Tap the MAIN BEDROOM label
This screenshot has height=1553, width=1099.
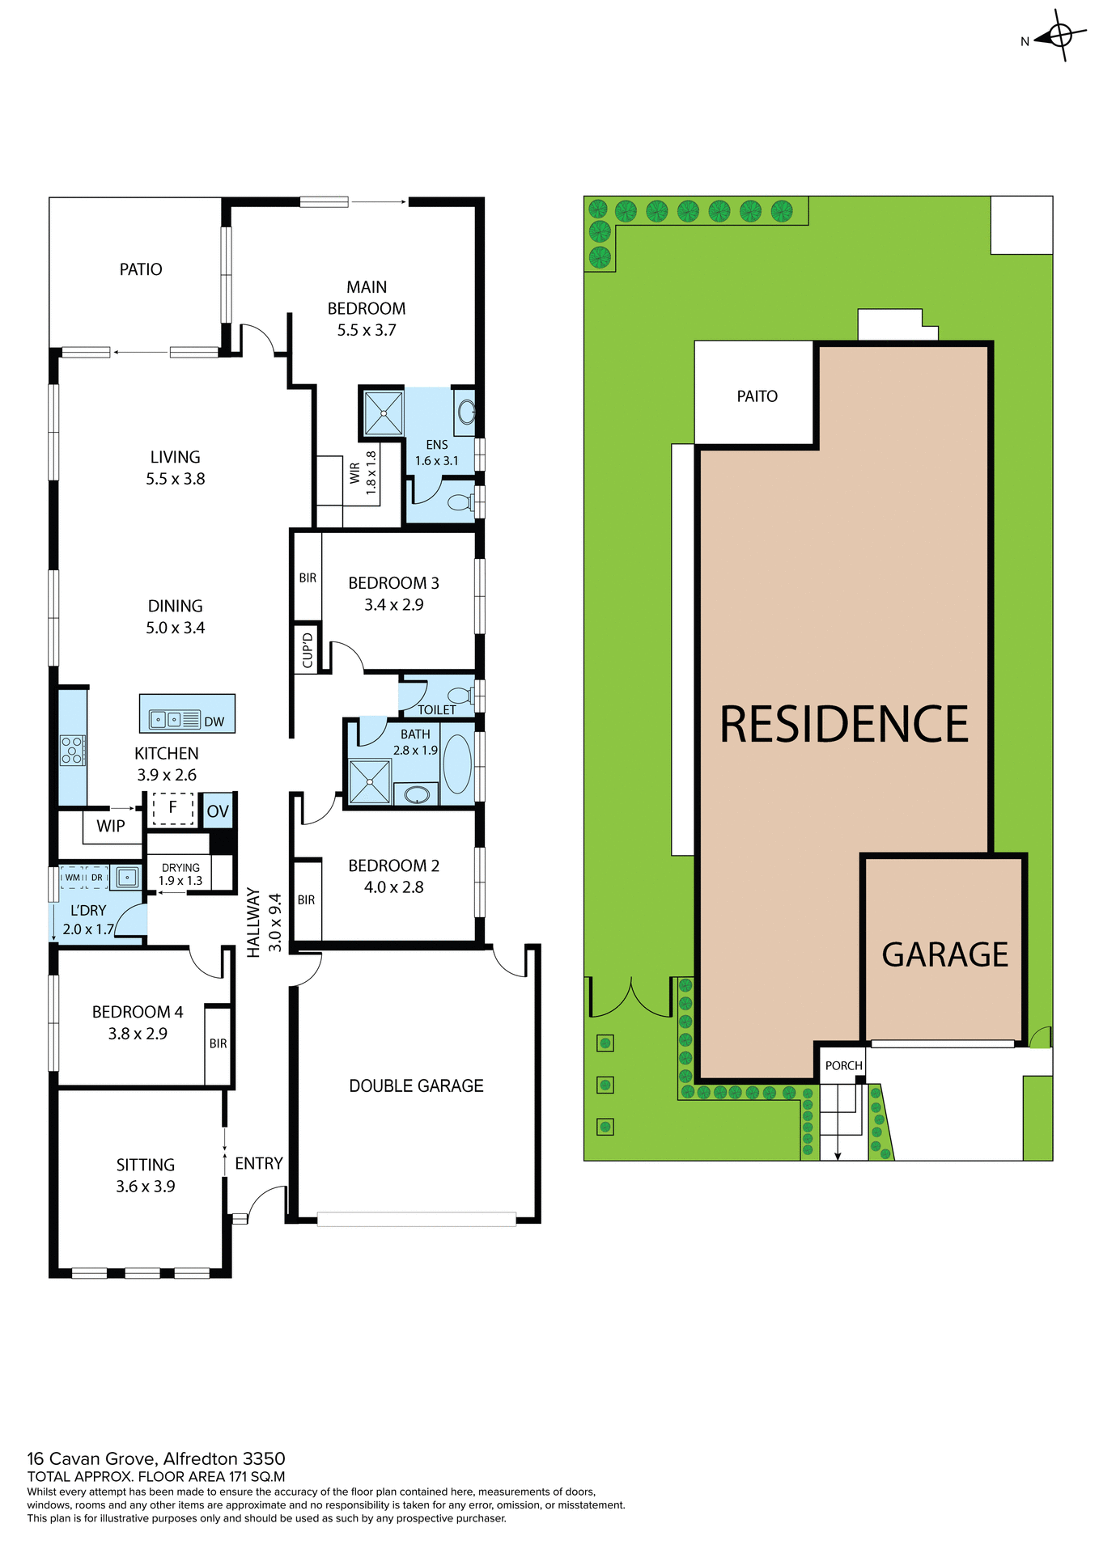(367, 308)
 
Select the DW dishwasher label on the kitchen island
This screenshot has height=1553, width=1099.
(214, 721)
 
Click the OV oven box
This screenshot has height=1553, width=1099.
(218, 811)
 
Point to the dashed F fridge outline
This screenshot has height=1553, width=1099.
(172, 808)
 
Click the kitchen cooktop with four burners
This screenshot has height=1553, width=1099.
(72, 750)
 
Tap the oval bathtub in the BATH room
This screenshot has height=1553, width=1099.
(457, 764)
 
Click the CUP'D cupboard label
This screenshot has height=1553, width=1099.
(308, 650)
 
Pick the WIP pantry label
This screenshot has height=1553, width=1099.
(111, 826)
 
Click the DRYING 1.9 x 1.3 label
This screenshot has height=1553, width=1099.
(180, 874)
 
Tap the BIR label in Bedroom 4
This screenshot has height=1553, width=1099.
(218, 1043)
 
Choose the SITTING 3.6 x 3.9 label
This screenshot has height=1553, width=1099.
(146, 1175)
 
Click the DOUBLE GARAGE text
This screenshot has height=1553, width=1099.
(416, 1085)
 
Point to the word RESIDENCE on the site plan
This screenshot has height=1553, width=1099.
(843, 724)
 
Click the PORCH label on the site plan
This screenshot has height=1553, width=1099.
(843, 1065)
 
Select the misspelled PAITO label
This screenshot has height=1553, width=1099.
(757, 396)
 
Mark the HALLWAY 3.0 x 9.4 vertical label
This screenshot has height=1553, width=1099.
(264, 922)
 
